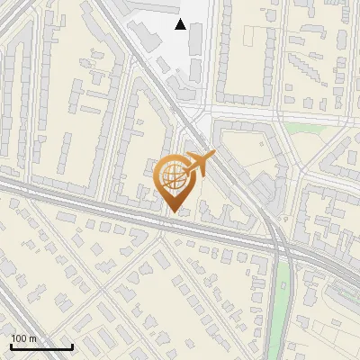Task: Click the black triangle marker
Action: click(181, 24)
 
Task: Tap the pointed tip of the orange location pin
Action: click(175, 211)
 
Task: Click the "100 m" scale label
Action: click(23, 338)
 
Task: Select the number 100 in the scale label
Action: click(20, 338)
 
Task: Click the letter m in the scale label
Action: click(32, 338)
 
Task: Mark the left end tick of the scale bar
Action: click(10, 346)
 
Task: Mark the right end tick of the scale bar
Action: click(73, 346)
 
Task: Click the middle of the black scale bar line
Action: click(41, 347)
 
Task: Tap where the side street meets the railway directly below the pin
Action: click(162, 222)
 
